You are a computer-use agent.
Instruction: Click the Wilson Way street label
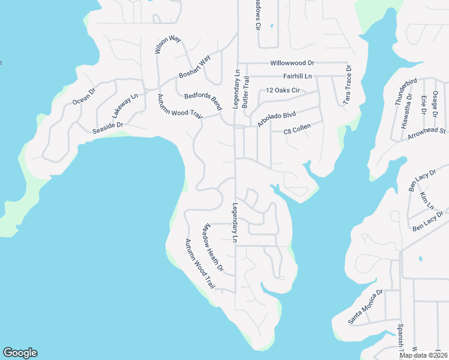point(159,46)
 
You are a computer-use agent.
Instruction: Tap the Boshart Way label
point(195,68)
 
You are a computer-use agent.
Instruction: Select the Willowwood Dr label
point(292,62)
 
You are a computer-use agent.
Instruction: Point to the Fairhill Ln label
point(298,76)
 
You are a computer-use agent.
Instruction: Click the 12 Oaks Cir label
point(282,91)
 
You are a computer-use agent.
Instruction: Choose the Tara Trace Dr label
point(347,86)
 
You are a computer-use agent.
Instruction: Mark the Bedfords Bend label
point(203,101)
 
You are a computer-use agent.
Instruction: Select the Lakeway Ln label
point(125,106)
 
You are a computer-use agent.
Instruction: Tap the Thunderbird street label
point(406,92)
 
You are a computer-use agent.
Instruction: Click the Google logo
point(20,353)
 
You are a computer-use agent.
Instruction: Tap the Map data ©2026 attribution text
point(421,355)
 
